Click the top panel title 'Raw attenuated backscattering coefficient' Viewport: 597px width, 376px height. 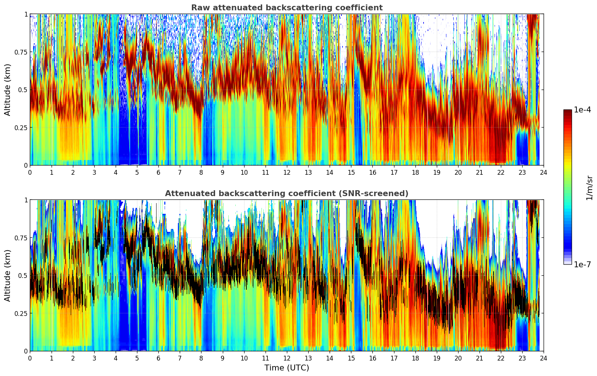[x=287, y=8]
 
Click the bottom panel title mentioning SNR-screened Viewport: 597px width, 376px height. [x=287, y=194]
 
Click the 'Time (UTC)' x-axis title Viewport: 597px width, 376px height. [x=287, y=368]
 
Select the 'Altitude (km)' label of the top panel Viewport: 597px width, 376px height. [x=8, y=90]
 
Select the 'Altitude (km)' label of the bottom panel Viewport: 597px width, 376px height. [x=8, y=275]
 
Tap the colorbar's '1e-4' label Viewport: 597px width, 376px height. [x=582, y=110]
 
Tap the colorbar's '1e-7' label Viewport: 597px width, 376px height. [x=582, y=264]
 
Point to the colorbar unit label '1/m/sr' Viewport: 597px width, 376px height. [x=589, y=188]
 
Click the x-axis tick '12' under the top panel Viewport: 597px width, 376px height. [x=287, y=172]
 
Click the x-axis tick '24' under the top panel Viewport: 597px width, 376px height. [x=544, y=172]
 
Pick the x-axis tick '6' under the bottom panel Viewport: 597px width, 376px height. [x=158, y=358]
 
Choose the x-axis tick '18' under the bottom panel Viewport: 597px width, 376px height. [x=415, y=358]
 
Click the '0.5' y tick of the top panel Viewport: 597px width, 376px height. [x=22, y=90]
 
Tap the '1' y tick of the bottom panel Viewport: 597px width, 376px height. [x=26, y=200]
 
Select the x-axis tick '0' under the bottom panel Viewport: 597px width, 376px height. [x=30, y=358]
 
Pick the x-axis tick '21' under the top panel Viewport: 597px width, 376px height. [x=480, y=172]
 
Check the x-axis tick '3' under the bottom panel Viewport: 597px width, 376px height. [x=94, y=358]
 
